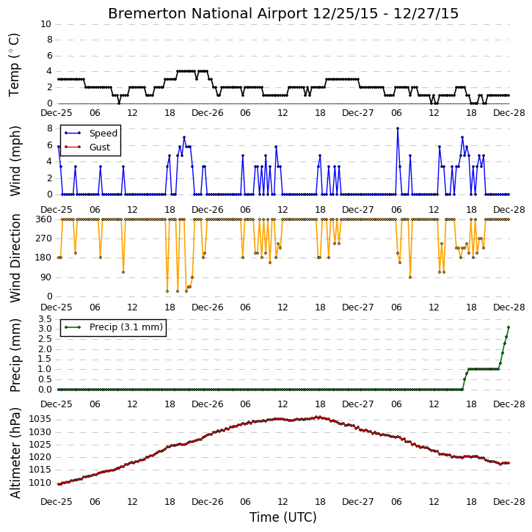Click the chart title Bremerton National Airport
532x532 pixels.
[208, 14]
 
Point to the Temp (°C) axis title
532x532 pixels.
[14, 65]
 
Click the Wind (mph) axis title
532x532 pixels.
[15, 161]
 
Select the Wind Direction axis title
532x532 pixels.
[15, 258]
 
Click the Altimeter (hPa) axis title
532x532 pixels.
[15, 453]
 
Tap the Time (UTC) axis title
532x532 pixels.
[283, 517]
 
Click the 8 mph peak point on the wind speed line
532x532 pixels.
[398, 128]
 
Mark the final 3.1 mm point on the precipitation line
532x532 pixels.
[509, 327]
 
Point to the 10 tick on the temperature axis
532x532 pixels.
[45, 24]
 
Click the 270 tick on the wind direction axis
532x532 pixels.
[44, 238]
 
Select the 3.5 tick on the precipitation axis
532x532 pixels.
[45, 319]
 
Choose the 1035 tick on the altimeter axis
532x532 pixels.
[40, 419]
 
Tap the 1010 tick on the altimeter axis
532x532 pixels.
[40, 483]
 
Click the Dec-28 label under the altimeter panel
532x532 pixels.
[509, 502]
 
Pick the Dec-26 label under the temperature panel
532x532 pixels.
[208, 113]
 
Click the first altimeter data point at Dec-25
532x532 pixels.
[59, 484]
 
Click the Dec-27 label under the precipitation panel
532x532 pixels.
[358, 404]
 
